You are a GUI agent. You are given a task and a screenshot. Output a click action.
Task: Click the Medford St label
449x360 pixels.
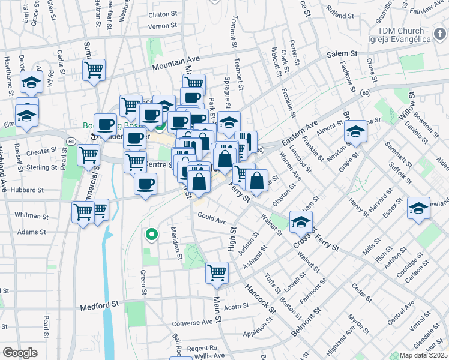coord(100,306)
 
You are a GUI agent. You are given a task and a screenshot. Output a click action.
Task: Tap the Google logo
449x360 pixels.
coord(20,353)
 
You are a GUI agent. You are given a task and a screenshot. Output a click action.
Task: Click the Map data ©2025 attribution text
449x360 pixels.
coord(423,355)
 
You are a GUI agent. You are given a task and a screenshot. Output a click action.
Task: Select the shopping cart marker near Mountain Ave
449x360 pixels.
coord(94,70)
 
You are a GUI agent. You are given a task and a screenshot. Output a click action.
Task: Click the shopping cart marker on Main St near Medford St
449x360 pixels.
coord(217,272)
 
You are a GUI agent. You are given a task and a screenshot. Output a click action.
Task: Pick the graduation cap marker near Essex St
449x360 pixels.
coord(418,208)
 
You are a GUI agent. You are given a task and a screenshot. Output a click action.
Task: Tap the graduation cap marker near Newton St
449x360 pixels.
coord(355,131)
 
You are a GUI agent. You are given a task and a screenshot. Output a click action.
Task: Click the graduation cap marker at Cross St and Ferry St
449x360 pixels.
coord(300,223)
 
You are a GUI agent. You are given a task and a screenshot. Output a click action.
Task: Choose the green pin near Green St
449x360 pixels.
coord(152,234)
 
